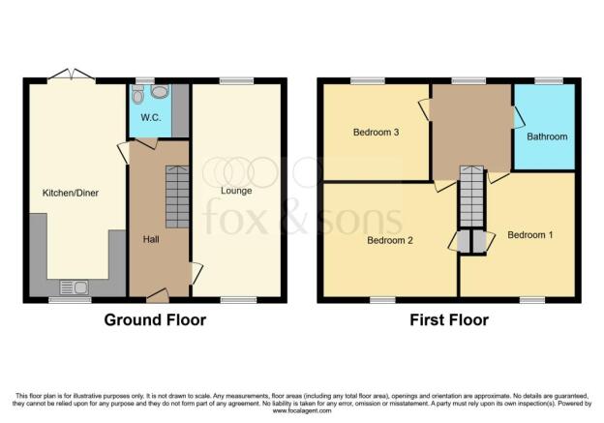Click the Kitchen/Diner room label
point(70,193)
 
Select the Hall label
point(151,238)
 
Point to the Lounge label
point(236,191)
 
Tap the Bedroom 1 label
point(528,234)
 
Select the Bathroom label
point(547,136)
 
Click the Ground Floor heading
point(154,319)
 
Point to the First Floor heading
point(448,319)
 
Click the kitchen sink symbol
point(73,286)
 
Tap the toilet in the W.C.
point(139,95)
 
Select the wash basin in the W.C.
point(160,92)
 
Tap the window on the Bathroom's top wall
point(549,81)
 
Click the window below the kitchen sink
point(64,300)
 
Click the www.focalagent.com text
point(302,411)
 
